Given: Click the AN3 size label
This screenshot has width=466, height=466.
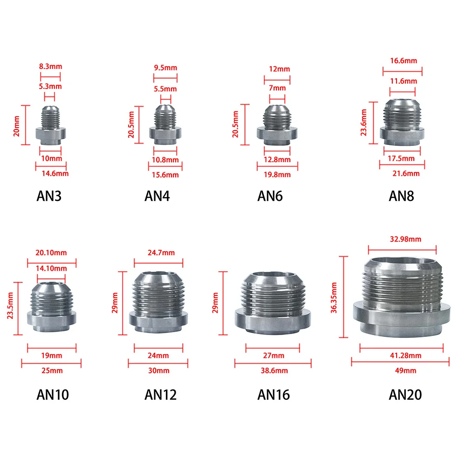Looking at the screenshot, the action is [x=49, y=196].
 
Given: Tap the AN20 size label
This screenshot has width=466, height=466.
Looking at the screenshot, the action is [x=405, y=395].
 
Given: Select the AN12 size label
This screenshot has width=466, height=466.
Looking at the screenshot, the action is [x=160, y=395].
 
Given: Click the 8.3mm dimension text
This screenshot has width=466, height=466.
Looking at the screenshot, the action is [x=50, y=66].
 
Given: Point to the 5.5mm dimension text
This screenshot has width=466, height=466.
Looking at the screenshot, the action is [x=165, y=89].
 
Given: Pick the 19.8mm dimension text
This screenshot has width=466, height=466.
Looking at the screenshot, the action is [x=277, y=174].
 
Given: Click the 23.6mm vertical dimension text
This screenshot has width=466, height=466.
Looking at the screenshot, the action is [x=363, y=123].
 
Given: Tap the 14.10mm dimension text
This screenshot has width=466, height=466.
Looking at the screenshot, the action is [x=51, y=268].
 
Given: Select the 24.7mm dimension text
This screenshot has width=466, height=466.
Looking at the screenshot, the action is [x=161, y=253].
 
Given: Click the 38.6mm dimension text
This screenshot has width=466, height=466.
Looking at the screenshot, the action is [x=274, y=370].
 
